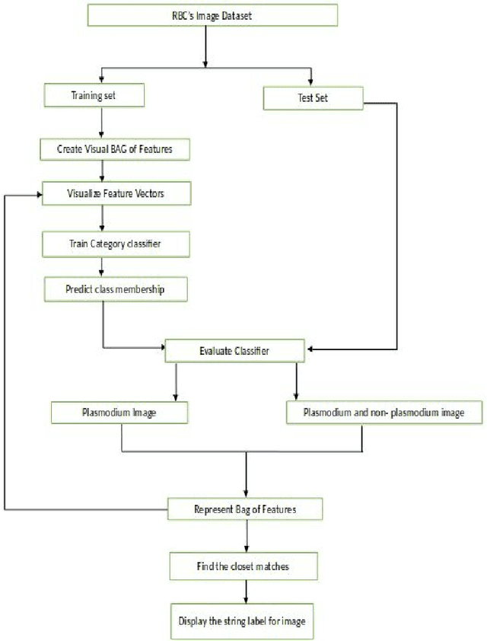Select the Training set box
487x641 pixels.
[95, 96]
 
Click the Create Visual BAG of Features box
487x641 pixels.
[114, 149]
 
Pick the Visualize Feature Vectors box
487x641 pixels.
[115, 194]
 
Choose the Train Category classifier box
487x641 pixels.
[114, 245]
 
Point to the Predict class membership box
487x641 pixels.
[114, 290]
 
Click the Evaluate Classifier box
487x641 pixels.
[236, 351]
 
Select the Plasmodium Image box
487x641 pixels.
[119, 413]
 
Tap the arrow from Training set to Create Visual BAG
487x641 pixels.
[101, 122]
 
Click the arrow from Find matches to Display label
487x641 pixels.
[245, 592]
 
